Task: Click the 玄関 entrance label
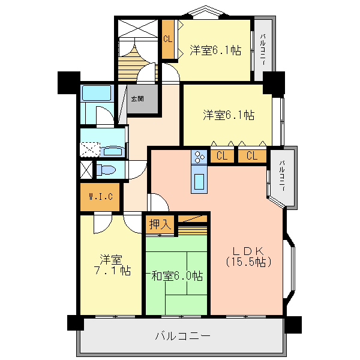click(137, 99)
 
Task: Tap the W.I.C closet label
click(101, 197)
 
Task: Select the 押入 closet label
click(160, 224)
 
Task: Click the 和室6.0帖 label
click(177, 276)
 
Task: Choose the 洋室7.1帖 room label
click(112, 265)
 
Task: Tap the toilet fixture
click(106, 170)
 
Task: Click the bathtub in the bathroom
click(97, 93)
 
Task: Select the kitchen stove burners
click(199, 157)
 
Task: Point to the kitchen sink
click(199, 182)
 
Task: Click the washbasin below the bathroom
click(113, 151)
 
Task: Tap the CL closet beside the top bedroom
click(168, 39)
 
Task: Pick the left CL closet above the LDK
click(222, 156)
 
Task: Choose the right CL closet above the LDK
click(252, 156)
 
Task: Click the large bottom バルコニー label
click(182, 336)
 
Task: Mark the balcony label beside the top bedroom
click(263, 49)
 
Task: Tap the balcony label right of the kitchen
click(282, 176)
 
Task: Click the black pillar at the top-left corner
click(68, 83)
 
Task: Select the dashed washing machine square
click(90, 149)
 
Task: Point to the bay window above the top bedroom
click(206, 11)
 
